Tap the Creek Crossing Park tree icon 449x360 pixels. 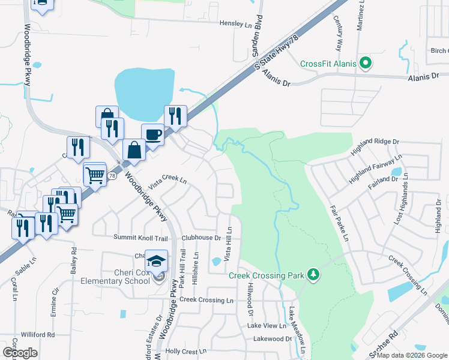tap(313, 275)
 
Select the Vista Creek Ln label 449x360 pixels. tap(168, 180)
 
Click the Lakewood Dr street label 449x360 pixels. tap(272, 339)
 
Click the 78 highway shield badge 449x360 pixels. tap(112, 176)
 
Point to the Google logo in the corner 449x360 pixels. tap(20, 353)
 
